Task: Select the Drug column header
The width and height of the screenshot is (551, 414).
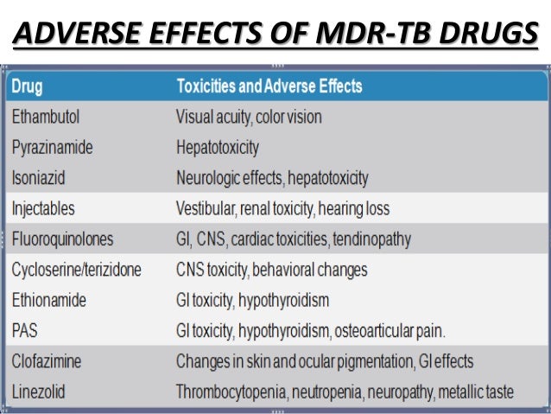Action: [28, 86]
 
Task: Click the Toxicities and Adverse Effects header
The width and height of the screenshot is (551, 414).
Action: [269, 86]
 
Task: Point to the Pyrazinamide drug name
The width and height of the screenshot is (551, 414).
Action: [53, 147]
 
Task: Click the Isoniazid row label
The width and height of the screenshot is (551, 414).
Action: [38, 178]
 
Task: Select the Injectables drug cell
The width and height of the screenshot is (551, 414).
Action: [43, 208]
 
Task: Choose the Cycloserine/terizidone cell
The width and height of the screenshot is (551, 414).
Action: [76, 270]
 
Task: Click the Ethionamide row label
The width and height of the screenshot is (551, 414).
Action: [49, 300]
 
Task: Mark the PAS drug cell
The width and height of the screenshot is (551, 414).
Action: [25, 330]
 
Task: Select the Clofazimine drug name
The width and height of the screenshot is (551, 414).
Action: [48, 361]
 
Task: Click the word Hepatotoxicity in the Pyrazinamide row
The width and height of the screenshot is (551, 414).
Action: [217, 147]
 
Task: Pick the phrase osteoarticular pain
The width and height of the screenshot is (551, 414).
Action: [399, 330]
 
